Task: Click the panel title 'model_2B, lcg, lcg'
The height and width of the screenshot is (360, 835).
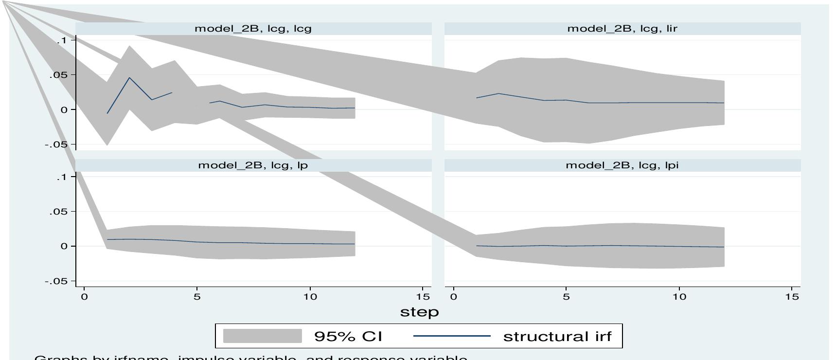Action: click(x=253, y=29)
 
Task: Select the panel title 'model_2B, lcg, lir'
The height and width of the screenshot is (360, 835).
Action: click(x=622, y=29)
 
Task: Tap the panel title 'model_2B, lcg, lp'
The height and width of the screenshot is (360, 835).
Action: click(x=253, y=165)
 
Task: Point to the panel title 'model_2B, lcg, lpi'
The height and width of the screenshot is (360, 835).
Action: click(x=622, y=165)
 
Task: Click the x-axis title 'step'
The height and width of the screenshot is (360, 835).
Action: click(x=419, y=312)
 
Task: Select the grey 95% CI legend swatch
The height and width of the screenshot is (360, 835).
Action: click(x=262, y=336)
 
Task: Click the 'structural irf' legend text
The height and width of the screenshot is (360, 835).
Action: click(x=557, y=336)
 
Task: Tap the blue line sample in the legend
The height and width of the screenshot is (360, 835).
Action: click(x=451, y=336)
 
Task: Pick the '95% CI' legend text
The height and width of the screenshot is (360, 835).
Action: click(x=348, y=336)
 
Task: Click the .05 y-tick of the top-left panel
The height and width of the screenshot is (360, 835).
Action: click(x=62, y=75)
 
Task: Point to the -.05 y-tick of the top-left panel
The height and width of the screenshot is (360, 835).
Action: click(x=60, y=145)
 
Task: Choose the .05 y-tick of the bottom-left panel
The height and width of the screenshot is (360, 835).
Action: click(x=62, y=212)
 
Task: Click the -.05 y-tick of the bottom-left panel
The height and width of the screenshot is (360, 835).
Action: click(x=60, y=282)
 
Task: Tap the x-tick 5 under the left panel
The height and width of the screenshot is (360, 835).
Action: click(x=197, y=297)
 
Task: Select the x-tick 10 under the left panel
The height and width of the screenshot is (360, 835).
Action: click(x=310, y=297)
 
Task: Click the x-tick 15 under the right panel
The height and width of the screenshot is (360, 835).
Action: click(x=792, y=297)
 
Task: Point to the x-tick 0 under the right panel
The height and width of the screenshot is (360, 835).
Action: click(x=454, y=297)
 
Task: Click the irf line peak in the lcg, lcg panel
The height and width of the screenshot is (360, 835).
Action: click(x=129, y=78)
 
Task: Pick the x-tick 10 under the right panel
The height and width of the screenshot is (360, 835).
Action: click(x=679, y=297)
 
